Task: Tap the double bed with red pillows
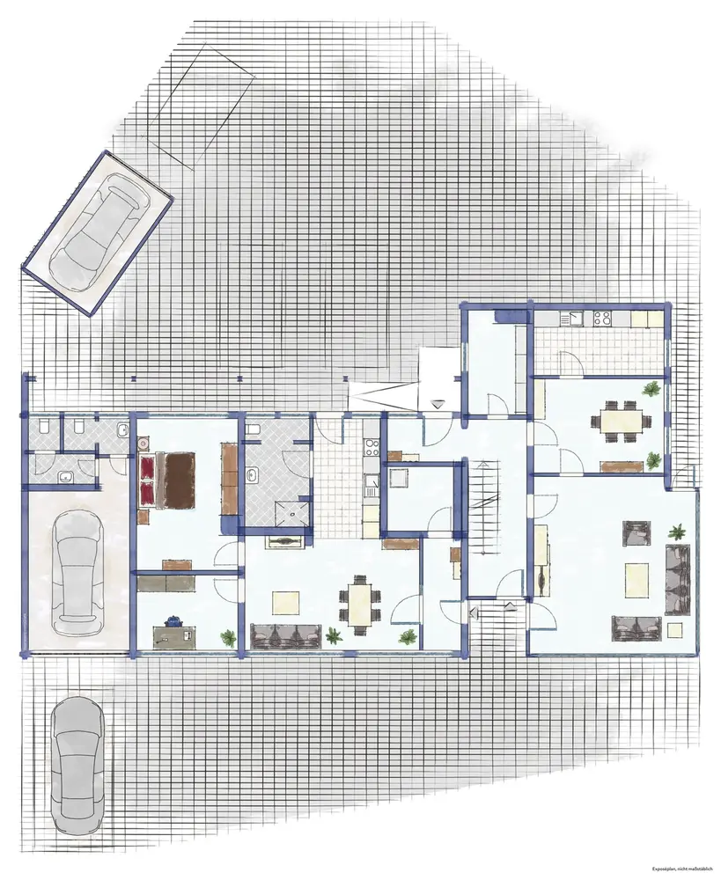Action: [166, 480]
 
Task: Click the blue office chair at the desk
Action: [173, 620]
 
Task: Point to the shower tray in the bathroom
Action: [291, 513]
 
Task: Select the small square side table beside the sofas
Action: [675, 628]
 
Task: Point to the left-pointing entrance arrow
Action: [474, 612]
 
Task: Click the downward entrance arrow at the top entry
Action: [438, 403]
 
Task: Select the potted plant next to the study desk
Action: [229, 637]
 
